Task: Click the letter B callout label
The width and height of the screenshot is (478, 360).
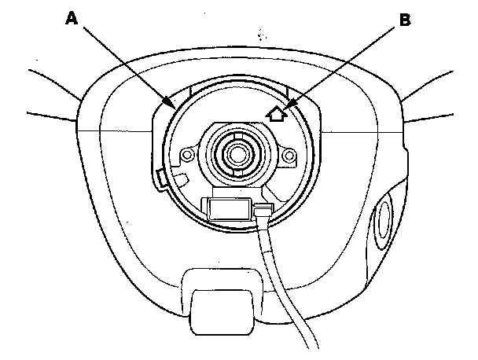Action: coord(405,21)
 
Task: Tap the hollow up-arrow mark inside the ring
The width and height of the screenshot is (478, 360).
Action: coord(276,115)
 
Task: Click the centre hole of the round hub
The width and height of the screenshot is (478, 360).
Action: coord(235,151)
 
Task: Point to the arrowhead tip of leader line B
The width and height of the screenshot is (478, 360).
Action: coord(287,105)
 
